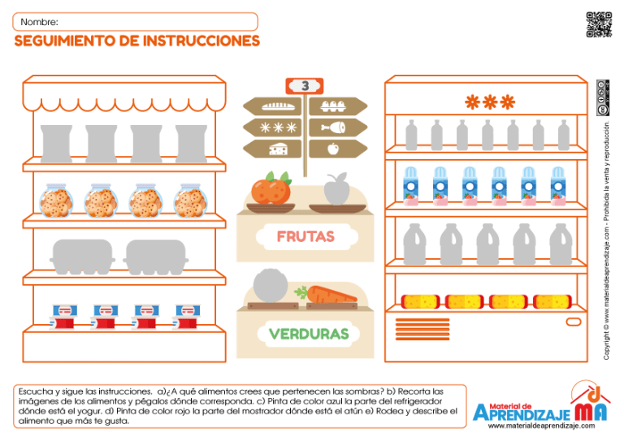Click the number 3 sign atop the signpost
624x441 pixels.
[305, 85]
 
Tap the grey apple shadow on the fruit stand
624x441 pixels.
[336, 189]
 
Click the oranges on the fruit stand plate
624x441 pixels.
[271, 188]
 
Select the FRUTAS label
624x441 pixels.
[305, 236]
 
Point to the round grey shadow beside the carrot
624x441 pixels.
[269, 287]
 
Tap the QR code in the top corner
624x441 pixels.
[598, 24]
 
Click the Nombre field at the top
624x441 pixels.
[136, 22]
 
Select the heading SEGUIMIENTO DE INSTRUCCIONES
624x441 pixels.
[137, 41]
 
